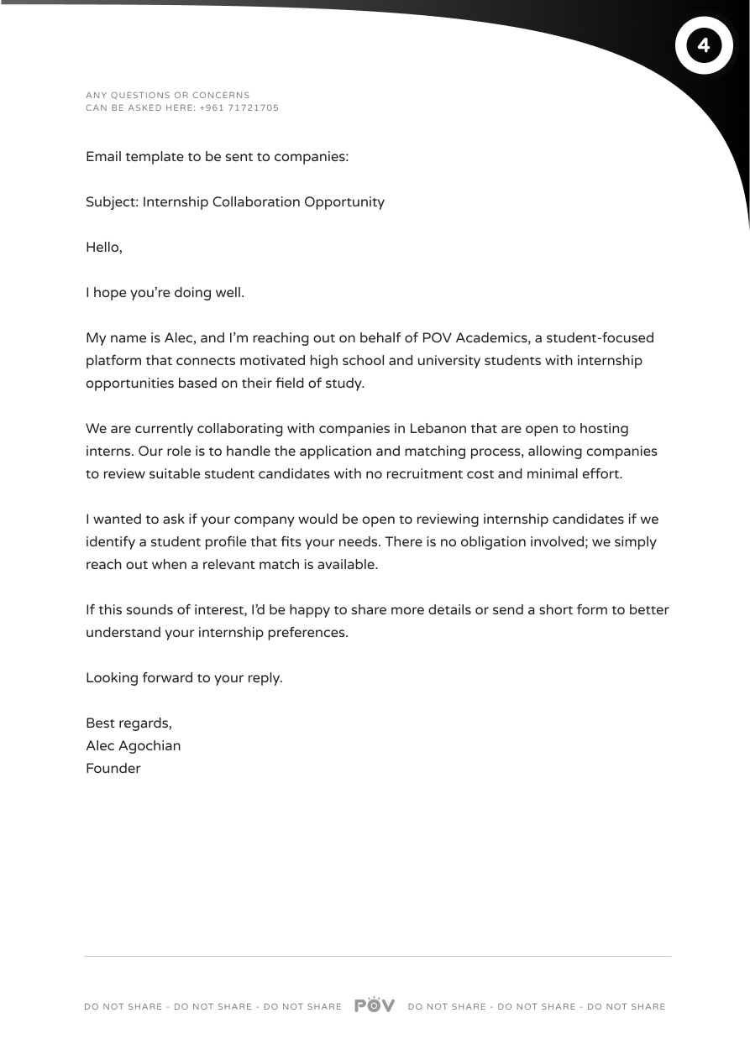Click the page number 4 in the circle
704,45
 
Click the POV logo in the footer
375,1005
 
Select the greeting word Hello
102,248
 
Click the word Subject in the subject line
111,202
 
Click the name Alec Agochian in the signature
133,745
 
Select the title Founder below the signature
113,768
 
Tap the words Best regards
128,723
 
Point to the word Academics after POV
490,338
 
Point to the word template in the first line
156,157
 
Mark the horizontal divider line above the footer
378,956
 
